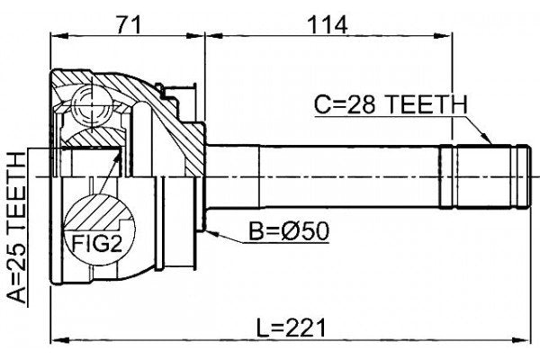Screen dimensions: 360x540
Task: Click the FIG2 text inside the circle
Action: coord(94,242)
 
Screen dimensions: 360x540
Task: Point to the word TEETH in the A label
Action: coord(16,185)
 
